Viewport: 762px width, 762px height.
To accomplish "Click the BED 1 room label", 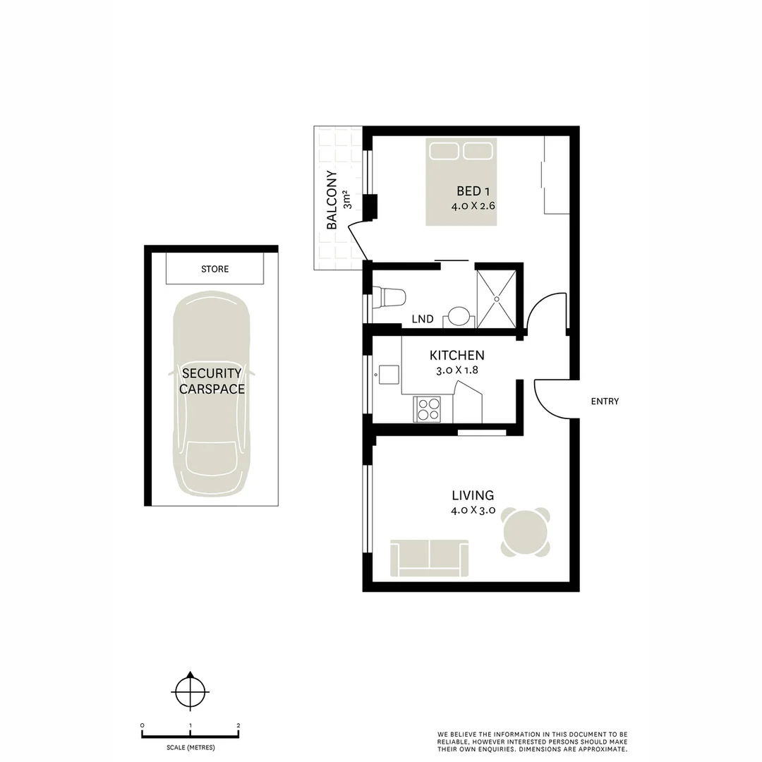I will point(473,191).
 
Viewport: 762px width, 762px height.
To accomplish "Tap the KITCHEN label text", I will point(457,355).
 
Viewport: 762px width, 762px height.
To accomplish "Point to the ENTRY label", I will point(605,401).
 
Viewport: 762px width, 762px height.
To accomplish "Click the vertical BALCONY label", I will point(332,200).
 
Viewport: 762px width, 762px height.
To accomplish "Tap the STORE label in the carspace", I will point(214,269).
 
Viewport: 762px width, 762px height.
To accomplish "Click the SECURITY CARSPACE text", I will point(212,380).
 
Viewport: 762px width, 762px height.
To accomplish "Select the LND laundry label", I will point(422,319).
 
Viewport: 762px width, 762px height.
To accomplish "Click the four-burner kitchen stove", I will point(428,409).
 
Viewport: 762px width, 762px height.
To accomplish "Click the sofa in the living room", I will point(429,557).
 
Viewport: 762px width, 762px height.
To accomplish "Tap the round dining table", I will point(525,532).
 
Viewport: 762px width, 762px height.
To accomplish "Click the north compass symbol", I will point(189,693).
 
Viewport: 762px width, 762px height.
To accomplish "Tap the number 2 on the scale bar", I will point(238,726).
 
